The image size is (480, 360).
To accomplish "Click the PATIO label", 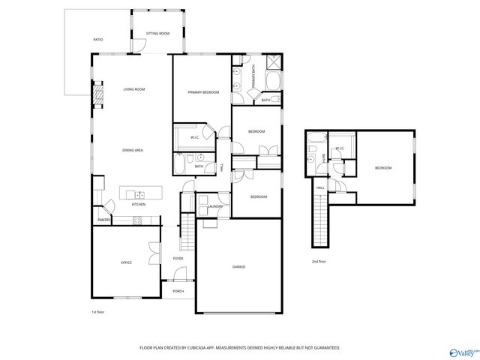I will point(97,39).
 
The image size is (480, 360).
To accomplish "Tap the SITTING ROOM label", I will point(157,34).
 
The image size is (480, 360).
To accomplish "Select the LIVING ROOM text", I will point(134,89).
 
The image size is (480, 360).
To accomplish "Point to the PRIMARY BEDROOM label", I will point(203,92).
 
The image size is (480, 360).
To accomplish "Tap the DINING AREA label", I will point(133,151).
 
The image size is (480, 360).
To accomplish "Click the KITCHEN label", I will point(139,205).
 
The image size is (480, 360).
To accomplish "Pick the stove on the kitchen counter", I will point(138,220).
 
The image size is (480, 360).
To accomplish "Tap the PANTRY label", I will point(103,220).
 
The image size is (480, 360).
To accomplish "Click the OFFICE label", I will point(126,262).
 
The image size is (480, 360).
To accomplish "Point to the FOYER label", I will point(178,259).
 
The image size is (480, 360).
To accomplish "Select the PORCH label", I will point(178,291).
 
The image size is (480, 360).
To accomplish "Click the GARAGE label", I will point(238,267).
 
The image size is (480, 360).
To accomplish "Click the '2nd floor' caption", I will point(319,261).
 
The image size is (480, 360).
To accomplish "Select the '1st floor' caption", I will point(97,310).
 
